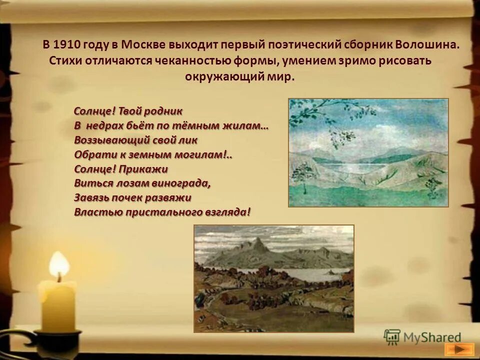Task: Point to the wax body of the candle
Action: [x=58, y=305]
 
